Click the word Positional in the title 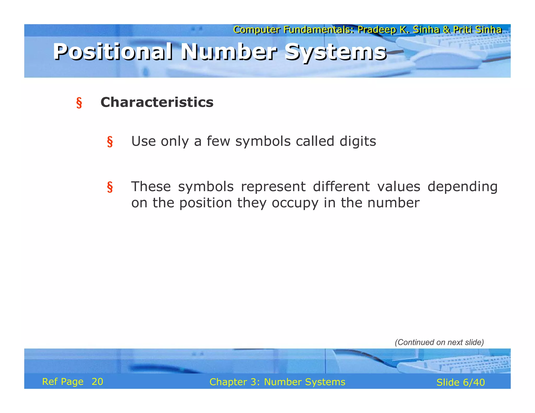pyautogui.click(x=112, y=52)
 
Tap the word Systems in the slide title pyautogui.click(x=335, y=52)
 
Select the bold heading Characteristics pyautogui.click(x=157, y=102)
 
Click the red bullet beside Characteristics pyautogui.click(x=79, y=103)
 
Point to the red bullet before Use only pyautogui.click(x=110, y=142)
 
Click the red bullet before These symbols pyautogui.click(x=110, y=187)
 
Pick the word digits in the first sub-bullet pyautogui.click(x=358, y=141)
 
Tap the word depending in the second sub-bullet pyautogui.click(x=462, y=187)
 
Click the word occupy pyautogui.click(x=295, y=203)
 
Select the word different pyautogui.click(x=341, y=187)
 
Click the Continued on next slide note pyautogui.click(x=439, y=342)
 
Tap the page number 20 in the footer pyautogui.click(x=97, y=382)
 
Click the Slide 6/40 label pyautogui.click(x=460, y=382)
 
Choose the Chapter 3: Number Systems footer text pyautogui.click(x=277, y=382)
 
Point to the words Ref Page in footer pyautogui.click(x=63, y=382)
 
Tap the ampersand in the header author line pyautogui.click(x=446, y=30)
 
